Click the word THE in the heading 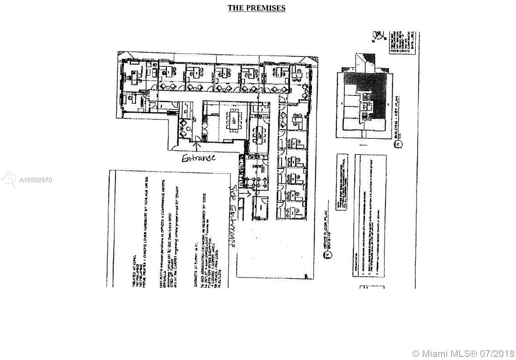(235, 8)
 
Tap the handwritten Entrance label (199, 158)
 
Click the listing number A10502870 (36, 180)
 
